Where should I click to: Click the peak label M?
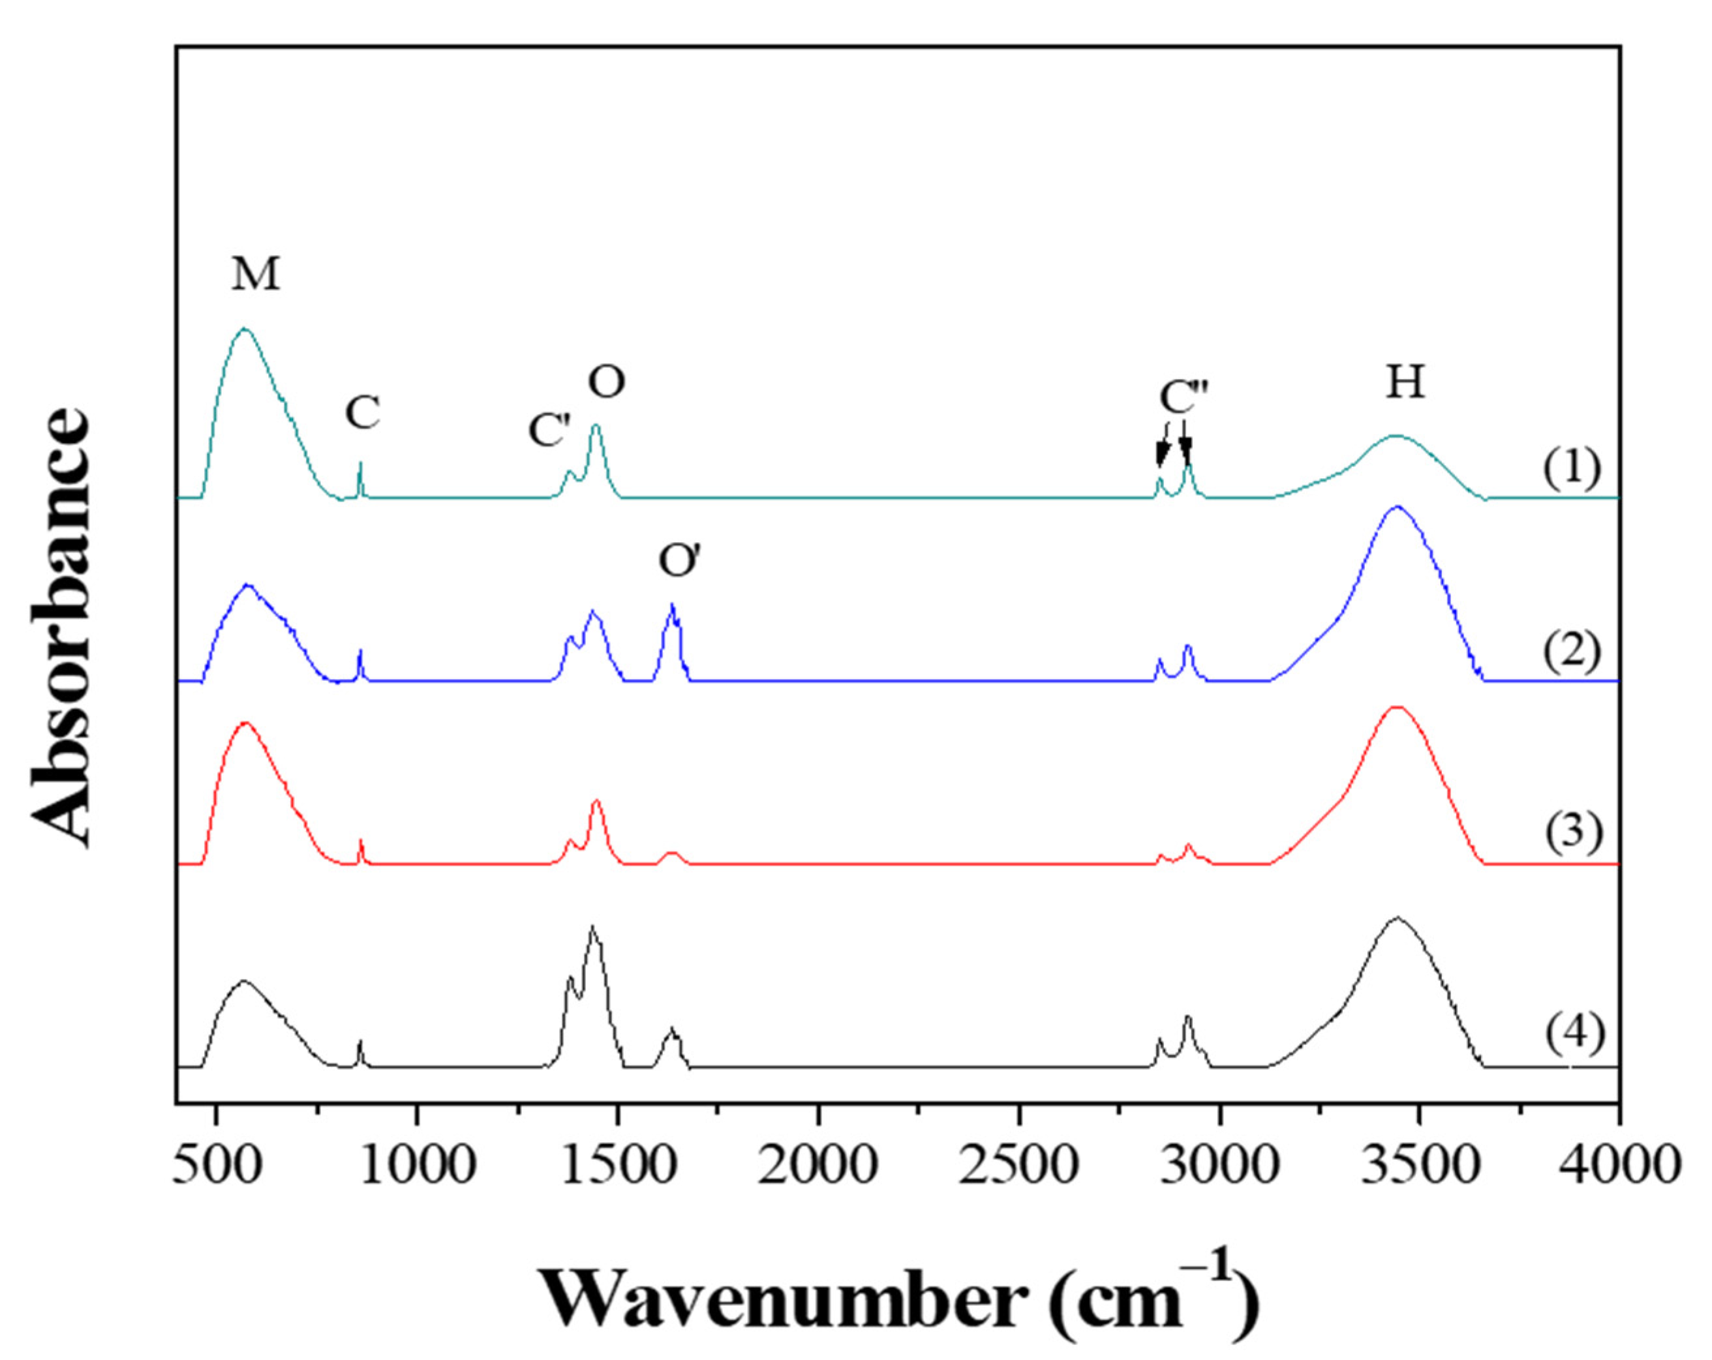[256, 275]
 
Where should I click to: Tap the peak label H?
[1405, 383]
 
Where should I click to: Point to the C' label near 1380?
[549, 431]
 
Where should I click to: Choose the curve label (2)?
[1570, 653]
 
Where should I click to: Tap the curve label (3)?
[1570, 834]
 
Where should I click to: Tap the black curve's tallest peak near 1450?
[592, 928]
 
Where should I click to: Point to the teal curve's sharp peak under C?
[361, 464]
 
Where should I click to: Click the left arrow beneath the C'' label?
[1163, 455]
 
